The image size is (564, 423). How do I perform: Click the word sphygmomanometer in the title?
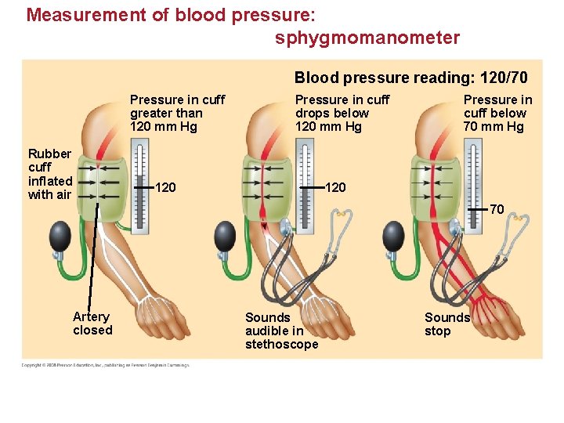(367, 38)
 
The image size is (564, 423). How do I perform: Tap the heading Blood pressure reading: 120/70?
(410, 78)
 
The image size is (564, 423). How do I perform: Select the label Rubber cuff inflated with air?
(49, 174)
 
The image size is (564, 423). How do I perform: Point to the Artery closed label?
(92, 323)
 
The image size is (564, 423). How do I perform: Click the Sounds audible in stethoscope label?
(281, 331)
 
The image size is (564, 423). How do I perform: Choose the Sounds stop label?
(446, 324)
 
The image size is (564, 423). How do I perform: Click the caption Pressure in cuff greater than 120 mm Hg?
(177, 113)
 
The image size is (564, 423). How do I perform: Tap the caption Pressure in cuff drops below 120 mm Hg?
(342, 113)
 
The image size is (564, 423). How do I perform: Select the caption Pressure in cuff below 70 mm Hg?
(497, 113)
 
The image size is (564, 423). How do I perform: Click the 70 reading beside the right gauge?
(497, 209)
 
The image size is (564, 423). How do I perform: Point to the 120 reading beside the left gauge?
(165, 187)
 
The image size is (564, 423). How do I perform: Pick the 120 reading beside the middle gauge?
(335, 187)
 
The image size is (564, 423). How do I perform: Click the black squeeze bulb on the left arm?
(61, 234)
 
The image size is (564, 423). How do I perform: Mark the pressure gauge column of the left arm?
(139, 186)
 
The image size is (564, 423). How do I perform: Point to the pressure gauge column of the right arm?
(473, 186)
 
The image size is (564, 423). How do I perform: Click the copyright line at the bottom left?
(105, 364)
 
